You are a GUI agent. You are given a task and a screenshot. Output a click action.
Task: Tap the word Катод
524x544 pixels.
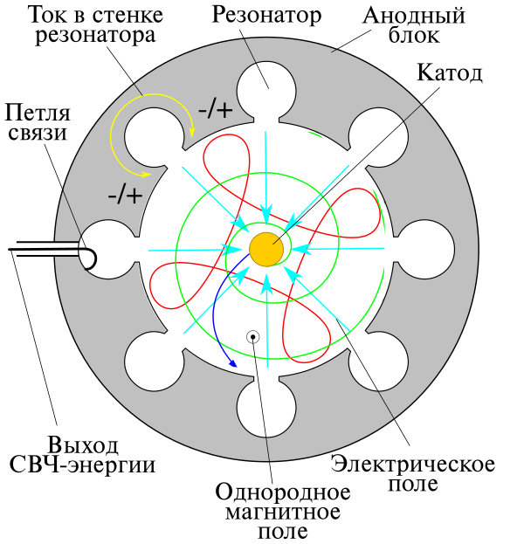coord(451,72)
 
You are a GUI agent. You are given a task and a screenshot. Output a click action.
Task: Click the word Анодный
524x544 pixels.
coord(428,16)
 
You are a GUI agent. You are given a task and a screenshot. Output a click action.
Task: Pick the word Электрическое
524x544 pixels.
coord(414,462)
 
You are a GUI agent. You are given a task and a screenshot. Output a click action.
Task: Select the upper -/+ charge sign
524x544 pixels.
coord(215,111)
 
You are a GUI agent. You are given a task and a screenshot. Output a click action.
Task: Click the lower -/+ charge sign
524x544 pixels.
coord(124,194)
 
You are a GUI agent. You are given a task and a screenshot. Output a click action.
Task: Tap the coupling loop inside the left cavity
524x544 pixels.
coord(92,258)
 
